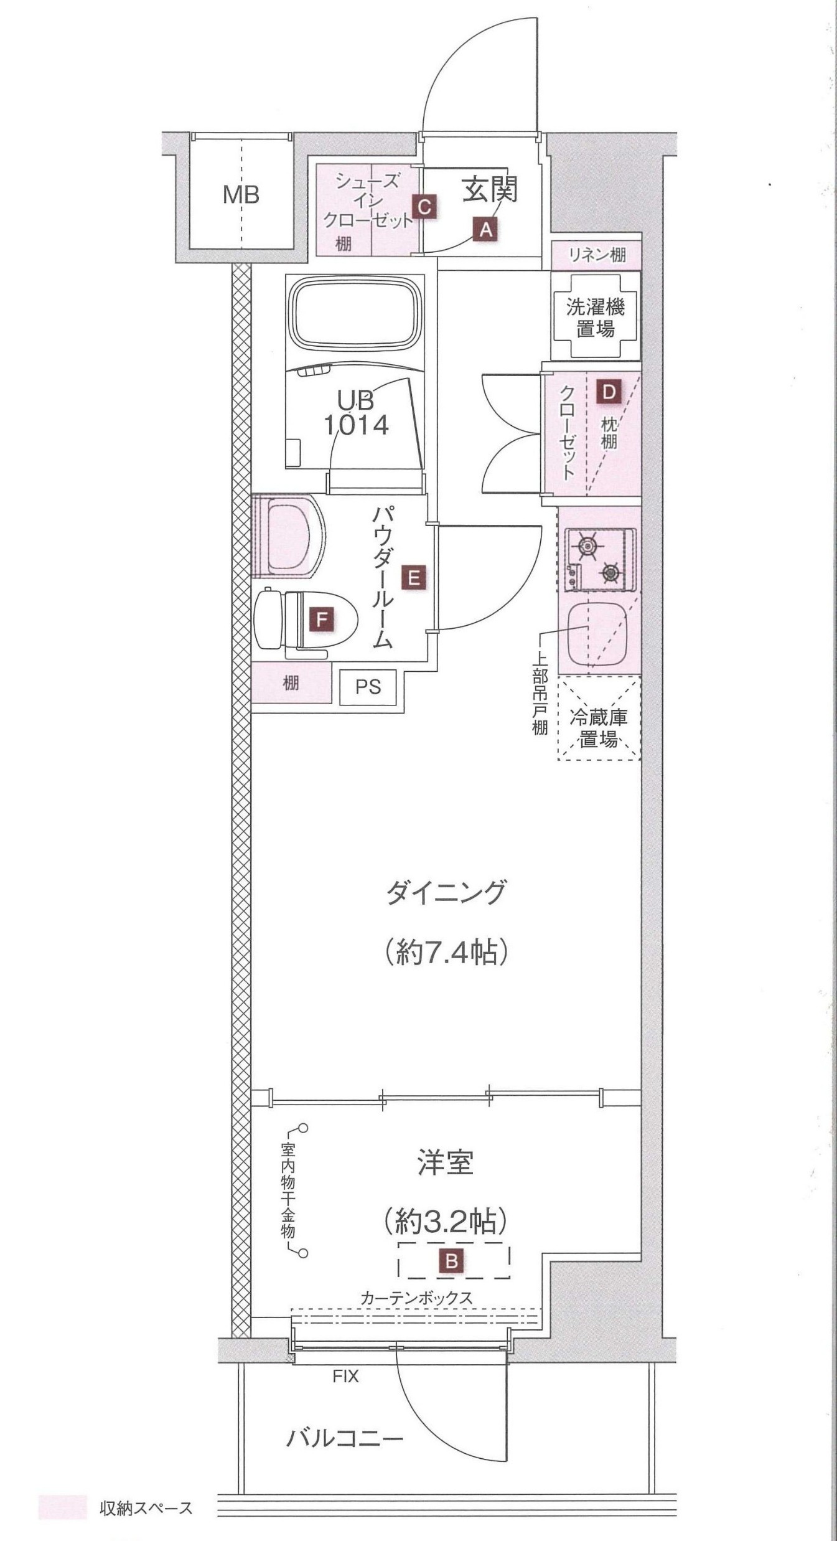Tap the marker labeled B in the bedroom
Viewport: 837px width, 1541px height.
[x=452, y=1261]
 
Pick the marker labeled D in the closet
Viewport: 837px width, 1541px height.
[x=608, y=392]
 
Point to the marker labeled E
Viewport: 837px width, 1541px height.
[x=413, y=578]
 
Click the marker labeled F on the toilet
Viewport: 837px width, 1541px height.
[x=322, y=620]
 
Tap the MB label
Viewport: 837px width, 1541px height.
[x=241, y=196]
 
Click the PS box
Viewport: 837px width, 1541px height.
[x=368, y=687]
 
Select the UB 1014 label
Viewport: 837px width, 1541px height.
[x=356, y=412]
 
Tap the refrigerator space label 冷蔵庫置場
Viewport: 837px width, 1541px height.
[x=599, y=728]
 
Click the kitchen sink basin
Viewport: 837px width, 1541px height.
[x=597, y=634]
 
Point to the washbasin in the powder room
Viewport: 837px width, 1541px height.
[x=288, y=537]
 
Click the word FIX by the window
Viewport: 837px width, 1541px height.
[x=345, y=1376]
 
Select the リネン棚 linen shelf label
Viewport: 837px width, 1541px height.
[x=597, y=255]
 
